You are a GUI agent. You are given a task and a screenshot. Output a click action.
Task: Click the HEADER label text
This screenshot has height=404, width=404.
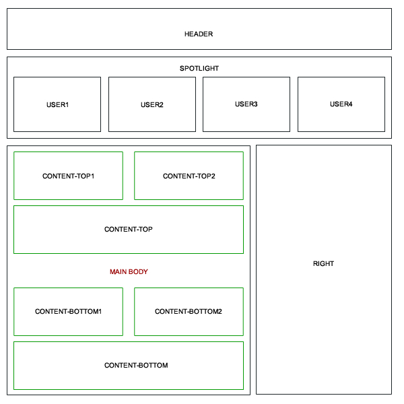(199, 34)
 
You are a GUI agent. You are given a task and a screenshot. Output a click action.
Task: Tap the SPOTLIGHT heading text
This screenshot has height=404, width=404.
(199, 68)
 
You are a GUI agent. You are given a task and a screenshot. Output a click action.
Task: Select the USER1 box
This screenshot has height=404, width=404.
(57, 104)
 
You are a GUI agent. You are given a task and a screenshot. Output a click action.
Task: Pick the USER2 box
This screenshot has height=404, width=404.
(152, 104)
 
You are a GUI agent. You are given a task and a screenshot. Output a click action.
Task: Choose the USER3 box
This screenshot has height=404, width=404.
(246, 104)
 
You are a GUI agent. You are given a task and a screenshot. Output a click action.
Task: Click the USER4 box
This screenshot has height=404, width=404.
(341, 104)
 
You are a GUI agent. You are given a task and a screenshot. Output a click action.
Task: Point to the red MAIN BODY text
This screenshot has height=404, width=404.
(129, 272)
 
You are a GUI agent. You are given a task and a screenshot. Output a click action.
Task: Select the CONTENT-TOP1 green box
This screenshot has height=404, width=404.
(68, 176)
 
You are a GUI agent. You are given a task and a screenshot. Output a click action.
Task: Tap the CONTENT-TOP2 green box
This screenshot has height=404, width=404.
(189, 176)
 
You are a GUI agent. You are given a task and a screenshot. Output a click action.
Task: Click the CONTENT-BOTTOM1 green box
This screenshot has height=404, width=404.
(68, 312)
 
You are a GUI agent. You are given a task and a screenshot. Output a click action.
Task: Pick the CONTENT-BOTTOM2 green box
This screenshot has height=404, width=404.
(189, 312)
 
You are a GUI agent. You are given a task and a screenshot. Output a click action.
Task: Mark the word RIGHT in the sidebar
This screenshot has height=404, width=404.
(323, 264)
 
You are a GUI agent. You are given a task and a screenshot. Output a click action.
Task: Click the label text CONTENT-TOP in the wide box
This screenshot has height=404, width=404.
(129, 230)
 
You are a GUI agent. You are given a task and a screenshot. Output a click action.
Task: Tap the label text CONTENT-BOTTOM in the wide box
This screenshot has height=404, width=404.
(136, 366)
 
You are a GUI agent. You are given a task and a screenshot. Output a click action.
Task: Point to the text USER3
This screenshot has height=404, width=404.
(246, 104)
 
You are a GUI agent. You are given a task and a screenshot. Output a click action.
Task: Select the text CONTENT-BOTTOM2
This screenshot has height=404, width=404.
(189, 312)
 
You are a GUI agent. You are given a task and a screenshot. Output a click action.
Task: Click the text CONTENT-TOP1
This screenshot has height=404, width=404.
(68, 176)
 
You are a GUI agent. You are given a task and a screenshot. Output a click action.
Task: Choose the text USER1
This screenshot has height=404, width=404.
(57, 105)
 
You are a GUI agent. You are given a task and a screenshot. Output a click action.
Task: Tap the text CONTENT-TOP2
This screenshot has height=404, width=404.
(189, 176)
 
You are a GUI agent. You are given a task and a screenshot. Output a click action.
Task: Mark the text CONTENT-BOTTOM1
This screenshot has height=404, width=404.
(68, 312)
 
